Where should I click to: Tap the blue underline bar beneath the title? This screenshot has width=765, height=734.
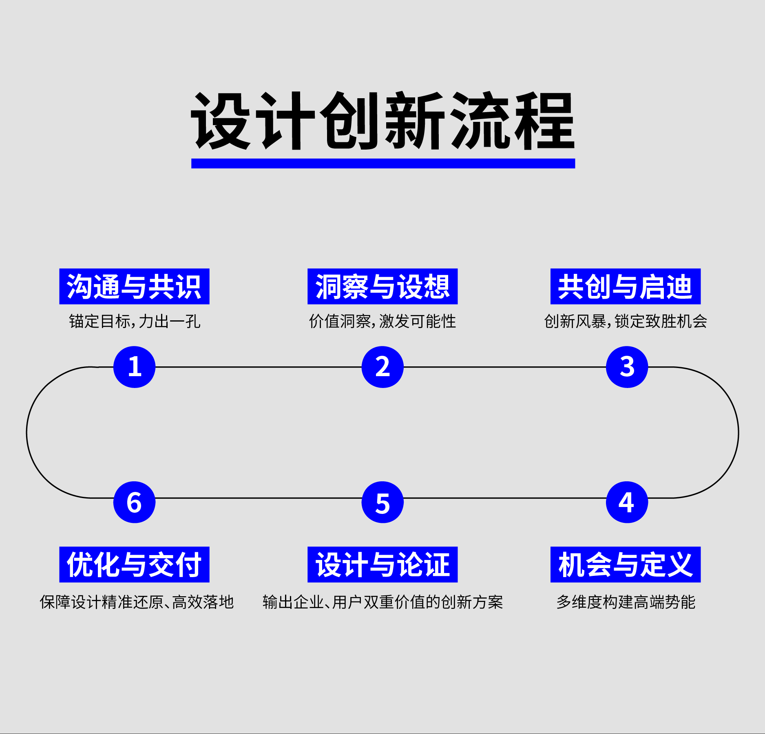tap(382, 163)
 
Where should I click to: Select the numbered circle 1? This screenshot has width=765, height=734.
tap(134, 367)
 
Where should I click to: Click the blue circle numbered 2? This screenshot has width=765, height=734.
tap(382, 367)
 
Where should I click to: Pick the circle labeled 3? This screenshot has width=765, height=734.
tap(627, 367)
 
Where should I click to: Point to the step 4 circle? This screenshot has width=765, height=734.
tap(627, 502)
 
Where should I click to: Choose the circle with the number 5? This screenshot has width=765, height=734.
tap(382, 502)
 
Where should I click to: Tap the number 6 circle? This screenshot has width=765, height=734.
tap(134, 502)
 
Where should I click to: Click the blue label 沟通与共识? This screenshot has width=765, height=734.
tap(134, 287)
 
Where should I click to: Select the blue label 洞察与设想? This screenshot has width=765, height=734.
tap(382, 287)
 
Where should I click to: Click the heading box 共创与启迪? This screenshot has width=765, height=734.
tap(625, 287)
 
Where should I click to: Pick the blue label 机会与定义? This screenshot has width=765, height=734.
tap(625, 564)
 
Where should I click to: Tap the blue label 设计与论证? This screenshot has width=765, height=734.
tap(382, 564)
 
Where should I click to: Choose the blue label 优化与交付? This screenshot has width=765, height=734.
tap(134, 564)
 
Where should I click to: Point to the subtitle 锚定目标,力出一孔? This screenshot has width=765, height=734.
tap(135, 322)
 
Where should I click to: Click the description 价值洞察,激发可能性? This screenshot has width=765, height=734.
tap(382, 322)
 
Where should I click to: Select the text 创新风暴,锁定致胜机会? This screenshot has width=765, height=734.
tap(626, 322)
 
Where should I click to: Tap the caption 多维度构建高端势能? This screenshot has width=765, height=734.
tap(626, 602)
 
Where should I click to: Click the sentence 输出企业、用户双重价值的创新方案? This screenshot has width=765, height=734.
tap(382, 602)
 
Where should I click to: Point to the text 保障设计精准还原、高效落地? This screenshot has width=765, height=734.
tap(137, 602)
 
